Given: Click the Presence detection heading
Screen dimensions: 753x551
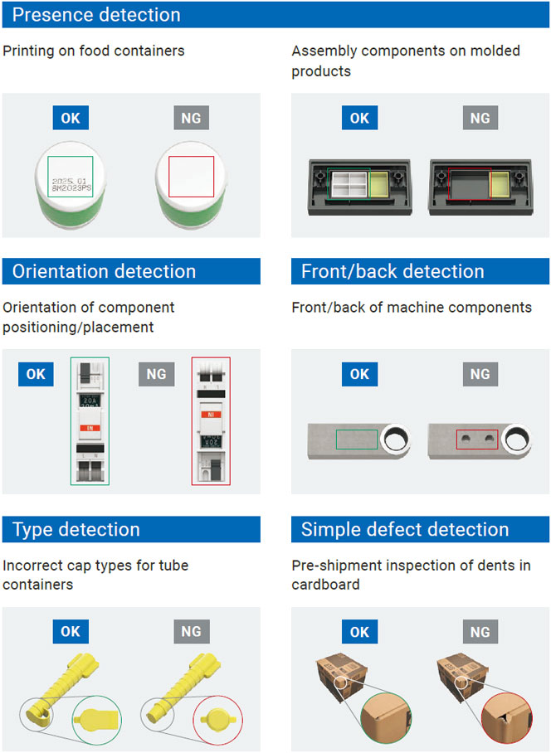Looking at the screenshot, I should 96,14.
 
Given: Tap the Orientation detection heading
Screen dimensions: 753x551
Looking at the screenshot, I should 105,271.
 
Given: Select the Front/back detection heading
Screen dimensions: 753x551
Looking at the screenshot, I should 393,271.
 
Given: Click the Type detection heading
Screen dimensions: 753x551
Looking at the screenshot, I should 76,529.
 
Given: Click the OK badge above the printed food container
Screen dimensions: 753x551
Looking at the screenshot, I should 71,118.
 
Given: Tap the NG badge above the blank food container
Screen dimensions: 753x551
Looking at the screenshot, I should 191,118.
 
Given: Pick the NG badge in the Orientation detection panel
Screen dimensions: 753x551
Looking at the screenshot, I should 156,374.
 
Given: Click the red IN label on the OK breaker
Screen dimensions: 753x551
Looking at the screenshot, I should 90,427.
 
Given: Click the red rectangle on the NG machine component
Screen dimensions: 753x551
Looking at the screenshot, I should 477,437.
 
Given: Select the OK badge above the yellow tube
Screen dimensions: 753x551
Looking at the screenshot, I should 71,632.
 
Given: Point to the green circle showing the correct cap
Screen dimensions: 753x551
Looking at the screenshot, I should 99,717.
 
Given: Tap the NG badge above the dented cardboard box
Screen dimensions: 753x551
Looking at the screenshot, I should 480,632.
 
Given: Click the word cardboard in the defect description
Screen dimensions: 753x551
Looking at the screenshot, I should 325,585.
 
